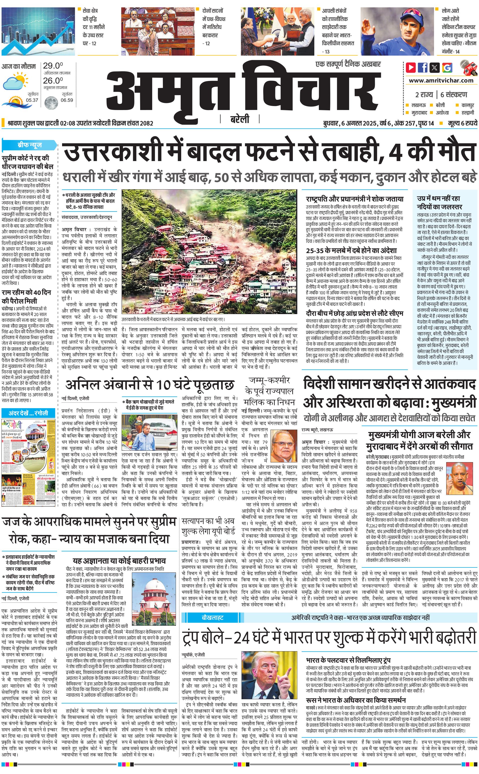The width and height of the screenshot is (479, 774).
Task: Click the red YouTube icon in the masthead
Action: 411,68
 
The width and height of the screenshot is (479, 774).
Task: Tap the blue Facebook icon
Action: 423,68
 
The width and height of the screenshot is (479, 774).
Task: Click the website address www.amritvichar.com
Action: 441,81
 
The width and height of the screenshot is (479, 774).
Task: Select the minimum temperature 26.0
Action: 53,81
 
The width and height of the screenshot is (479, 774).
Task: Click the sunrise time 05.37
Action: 32,100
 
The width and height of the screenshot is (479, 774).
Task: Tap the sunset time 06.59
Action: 67,100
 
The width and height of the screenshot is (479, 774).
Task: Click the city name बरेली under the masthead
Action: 239,119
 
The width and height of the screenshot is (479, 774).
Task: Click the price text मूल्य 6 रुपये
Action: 462,123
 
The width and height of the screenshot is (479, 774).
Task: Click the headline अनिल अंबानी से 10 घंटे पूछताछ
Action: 149,385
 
